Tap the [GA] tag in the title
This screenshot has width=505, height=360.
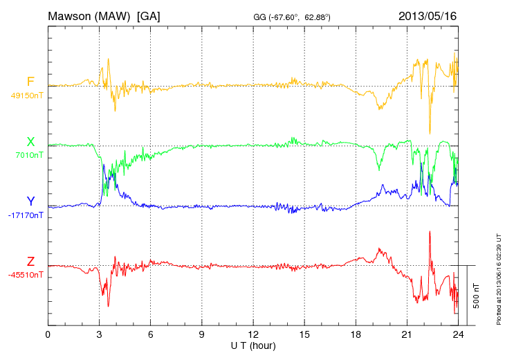(149, 15)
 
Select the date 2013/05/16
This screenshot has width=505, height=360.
(428, 15)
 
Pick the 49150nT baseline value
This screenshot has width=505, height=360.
(26, 96)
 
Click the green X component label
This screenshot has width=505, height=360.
(30, 143)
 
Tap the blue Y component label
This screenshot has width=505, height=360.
(30, 202)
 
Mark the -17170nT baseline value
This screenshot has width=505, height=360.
(26, 215)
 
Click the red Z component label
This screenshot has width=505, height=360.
(30, 262)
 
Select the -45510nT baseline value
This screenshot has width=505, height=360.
(26, 275)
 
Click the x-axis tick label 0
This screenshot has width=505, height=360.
(48, 335)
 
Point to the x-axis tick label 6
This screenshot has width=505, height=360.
(151, 335)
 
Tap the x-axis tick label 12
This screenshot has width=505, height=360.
(253, 335)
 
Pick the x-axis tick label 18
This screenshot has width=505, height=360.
(356, 335)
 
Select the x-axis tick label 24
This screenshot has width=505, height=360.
(458, 335)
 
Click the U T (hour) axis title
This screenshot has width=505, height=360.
(253, 345)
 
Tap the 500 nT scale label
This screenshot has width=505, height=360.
(476, 296)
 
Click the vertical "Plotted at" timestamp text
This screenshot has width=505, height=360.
(498, 277)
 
